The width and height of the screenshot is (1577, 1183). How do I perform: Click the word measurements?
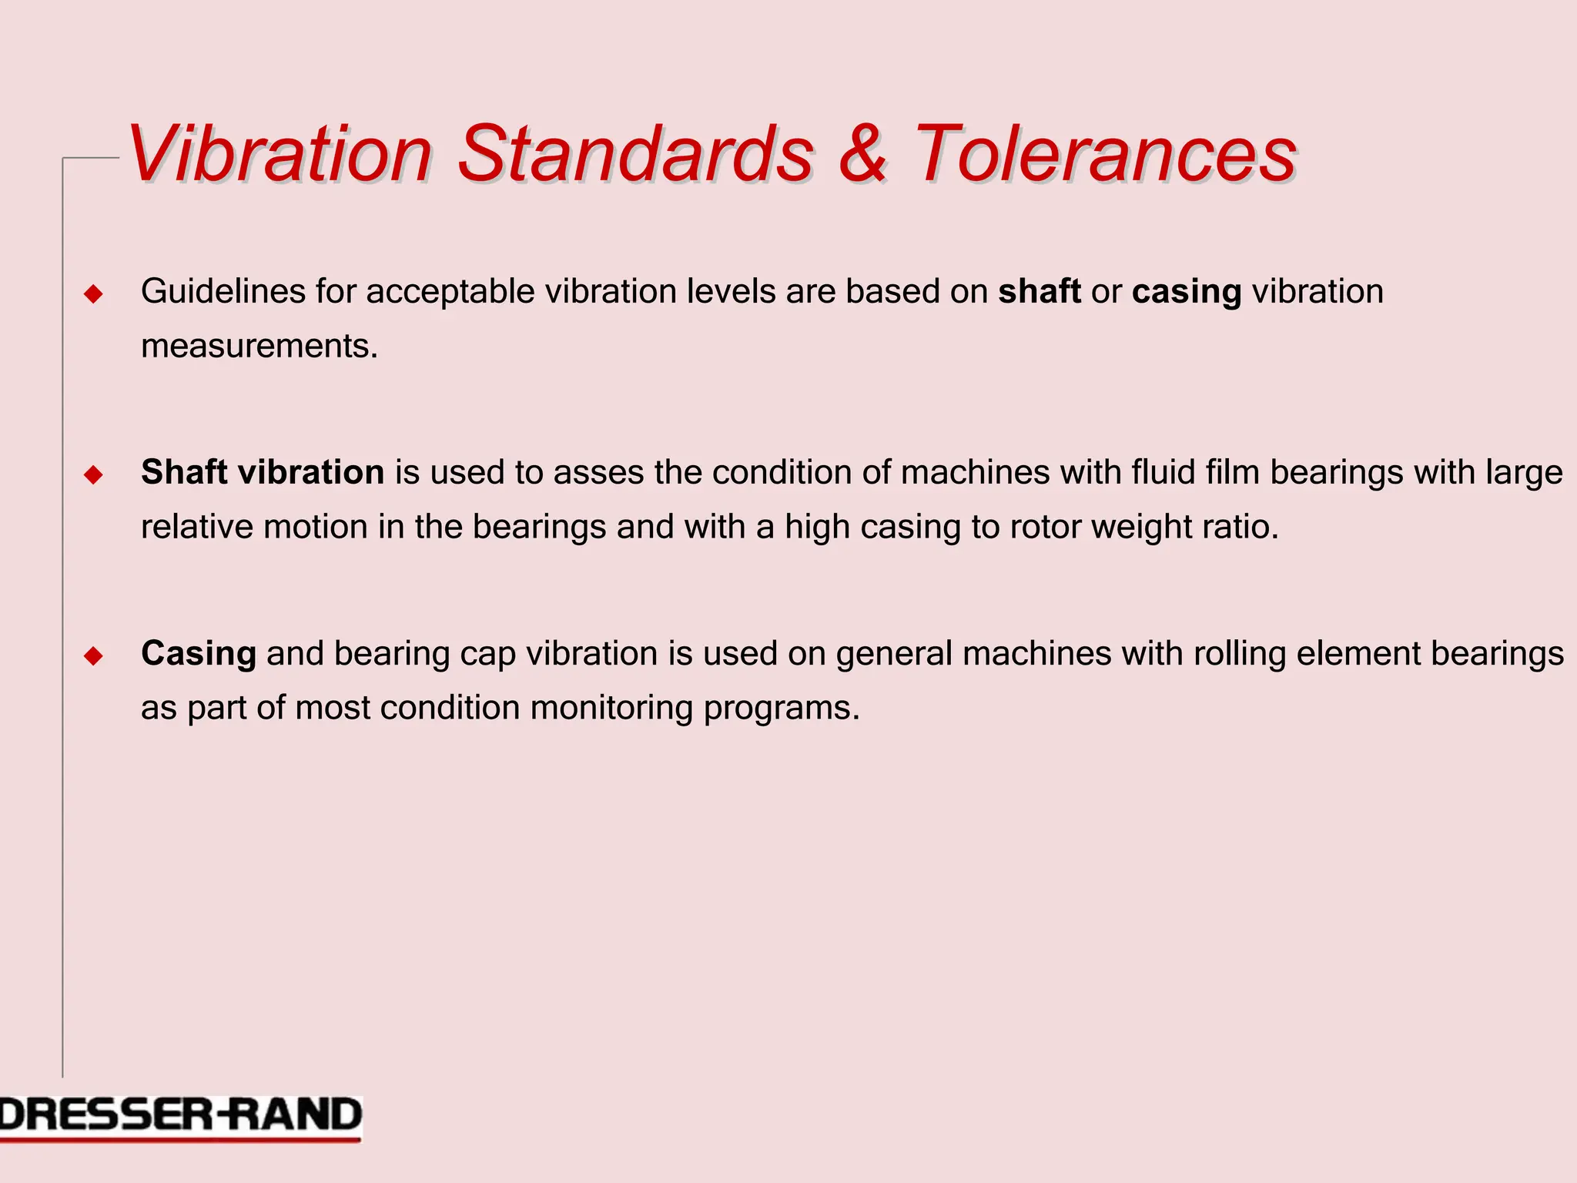(259, 347)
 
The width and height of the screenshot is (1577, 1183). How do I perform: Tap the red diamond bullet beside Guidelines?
(93, 293)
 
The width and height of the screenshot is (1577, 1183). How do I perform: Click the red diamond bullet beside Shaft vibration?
(93, 474)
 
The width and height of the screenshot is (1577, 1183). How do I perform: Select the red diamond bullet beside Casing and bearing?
(93, 655)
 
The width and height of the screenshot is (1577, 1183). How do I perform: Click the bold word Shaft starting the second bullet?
(184, 472)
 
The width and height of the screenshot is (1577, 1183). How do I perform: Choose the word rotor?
(1046, 528)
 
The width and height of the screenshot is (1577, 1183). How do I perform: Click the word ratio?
(1244, 528)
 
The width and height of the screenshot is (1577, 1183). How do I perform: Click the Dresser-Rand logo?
(180, 1117)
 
